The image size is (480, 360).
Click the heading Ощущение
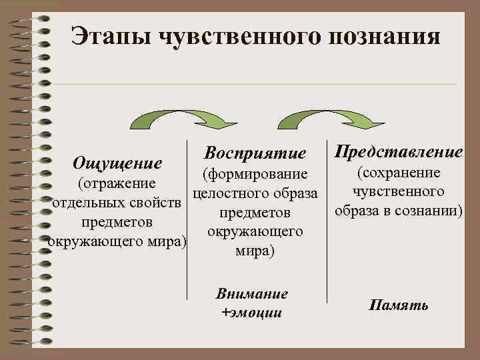tap(117, 163)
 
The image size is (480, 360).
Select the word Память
tap(399, 306)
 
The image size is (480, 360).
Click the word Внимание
tap(252, 294)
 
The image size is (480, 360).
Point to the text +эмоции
tap(251, 312)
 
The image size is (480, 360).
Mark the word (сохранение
tap(399, 173)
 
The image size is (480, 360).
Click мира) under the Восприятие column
tap(255, 252)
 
